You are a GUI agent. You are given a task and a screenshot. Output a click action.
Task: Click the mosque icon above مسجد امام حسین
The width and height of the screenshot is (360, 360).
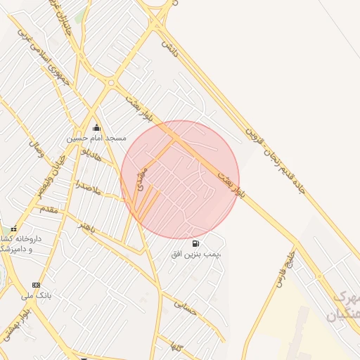(96, 127)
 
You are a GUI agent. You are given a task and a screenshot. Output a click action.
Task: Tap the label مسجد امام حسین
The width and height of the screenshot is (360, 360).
(96, 139)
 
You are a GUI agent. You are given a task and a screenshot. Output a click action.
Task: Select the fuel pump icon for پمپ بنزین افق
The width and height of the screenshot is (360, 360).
(194, 243)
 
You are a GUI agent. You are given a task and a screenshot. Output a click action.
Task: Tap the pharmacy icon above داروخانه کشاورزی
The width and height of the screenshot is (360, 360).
(13, 229)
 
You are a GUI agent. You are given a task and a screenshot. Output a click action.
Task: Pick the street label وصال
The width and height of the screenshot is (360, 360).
(36, 148)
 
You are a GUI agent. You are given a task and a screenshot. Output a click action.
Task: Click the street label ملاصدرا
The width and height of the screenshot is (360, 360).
(89, 188)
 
